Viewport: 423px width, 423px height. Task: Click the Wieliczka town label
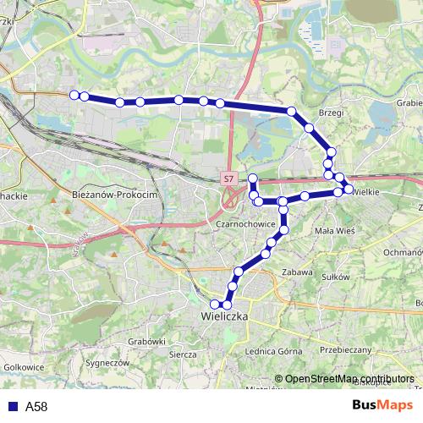(x=224, y=316)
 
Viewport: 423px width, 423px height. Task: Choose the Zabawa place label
(x=297, y=273)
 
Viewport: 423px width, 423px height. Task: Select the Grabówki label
(x=147, y=341)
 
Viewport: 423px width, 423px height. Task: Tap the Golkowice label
(x=24, y=367)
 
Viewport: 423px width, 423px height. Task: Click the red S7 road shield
(x=229, y=179)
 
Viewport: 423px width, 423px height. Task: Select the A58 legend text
(x=36, y=407)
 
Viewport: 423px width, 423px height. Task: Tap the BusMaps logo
(x=382, y=406)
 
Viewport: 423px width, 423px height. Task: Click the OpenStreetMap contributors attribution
(x=349, y=379)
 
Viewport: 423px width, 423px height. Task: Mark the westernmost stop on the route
(x=74, y=95)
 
